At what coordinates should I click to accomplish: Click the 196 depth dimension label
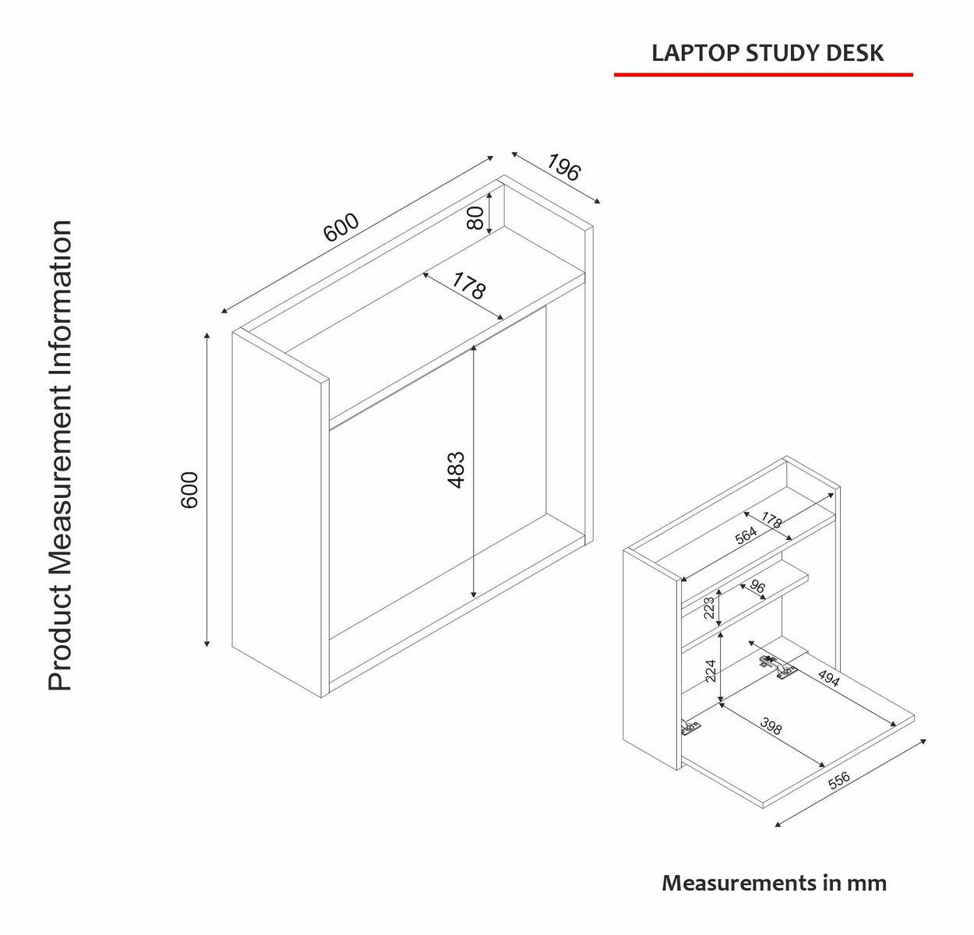point(563,168)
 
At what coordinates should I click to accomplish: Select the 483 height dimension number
point(457,470)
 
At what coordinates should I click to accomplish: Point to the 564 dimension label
point(746,535)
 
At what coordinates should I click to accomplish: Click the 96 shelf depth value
point(757,587)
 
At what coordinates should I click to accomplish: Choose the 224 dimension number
point(711,670)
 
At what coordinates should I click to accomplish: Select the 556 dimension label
point(838,782)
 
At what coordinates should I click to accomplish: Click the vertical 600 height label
point(190,489)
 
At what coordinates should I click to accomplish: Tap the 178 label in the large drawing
point(468,288)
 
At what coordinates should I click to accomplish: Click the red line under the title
point(763,75)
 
